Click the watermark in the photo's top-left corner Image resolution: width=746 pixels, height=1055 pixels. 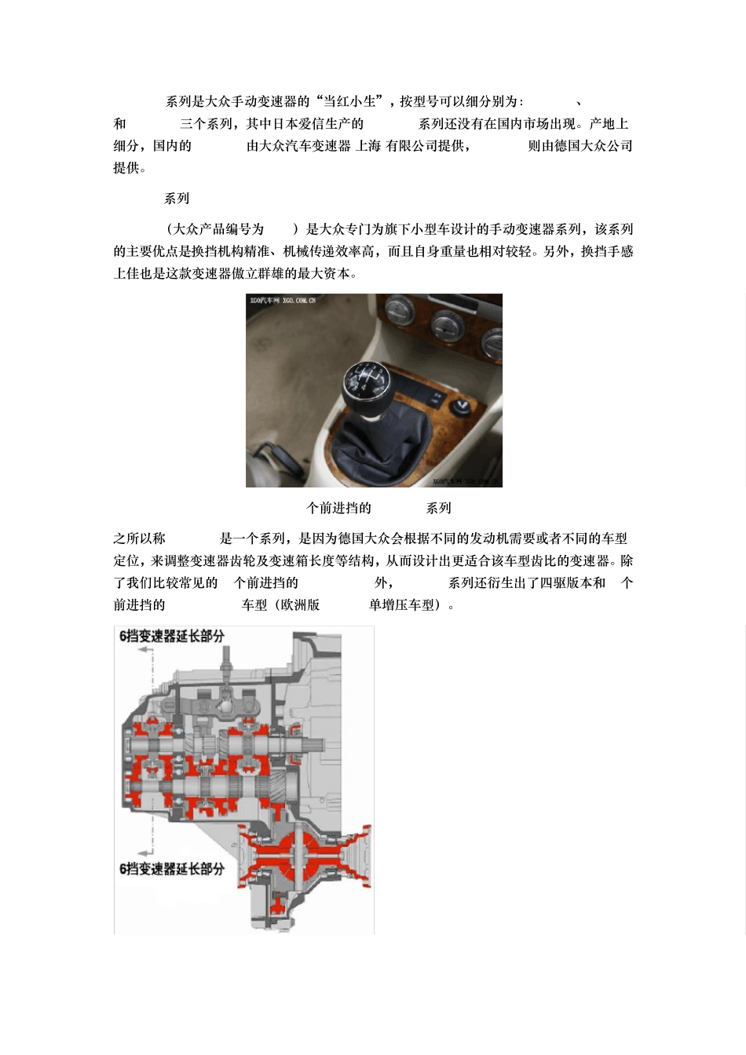click(283, 300)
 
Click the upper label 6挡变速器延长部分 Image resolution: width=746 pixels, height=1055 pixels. click(172, 636)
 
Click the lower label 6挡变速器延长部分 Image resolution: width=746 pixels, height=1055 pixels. click(172, 869)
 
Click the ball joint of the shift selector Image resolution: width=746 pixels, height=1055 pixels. click(226, 704)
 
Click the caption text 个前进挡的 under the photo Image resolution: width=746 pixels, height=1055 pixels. click(338, 508)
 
